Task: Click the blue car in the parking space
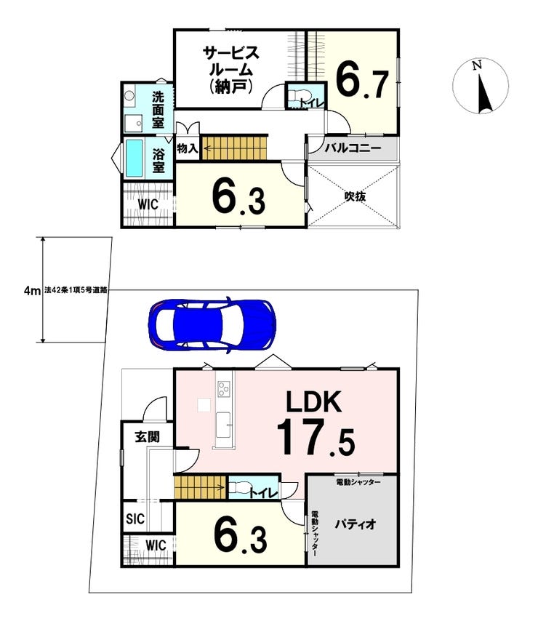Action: coord(212,325)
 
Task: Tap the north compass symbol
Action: coord(481,87)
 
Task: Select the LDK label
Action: coord(314,401)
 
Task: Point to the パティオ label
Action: coord(355,524)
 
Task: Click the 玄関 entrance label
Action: coord(148,437)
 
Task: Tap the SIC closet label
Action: coord(135,518)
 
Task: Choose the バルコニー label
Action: coord(353,148)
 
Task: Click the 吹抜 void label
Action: coord(355,196)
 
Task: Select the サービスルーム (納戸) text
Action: coord(230,70)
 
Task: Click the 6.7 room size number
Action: coord(362,82)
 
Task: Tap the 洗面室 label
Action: coord(158,110)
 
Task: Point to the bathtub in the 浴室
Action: coord(134,159)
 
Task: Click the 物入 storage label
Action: coord(188,148)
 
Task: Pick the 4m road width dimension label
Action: coord(33,291)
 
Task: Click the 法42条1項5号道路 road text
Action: coord(76,290)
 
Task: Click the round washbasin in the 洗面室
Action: coord(129,95)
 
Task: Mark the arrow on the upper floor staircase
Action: coord(212,149)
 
